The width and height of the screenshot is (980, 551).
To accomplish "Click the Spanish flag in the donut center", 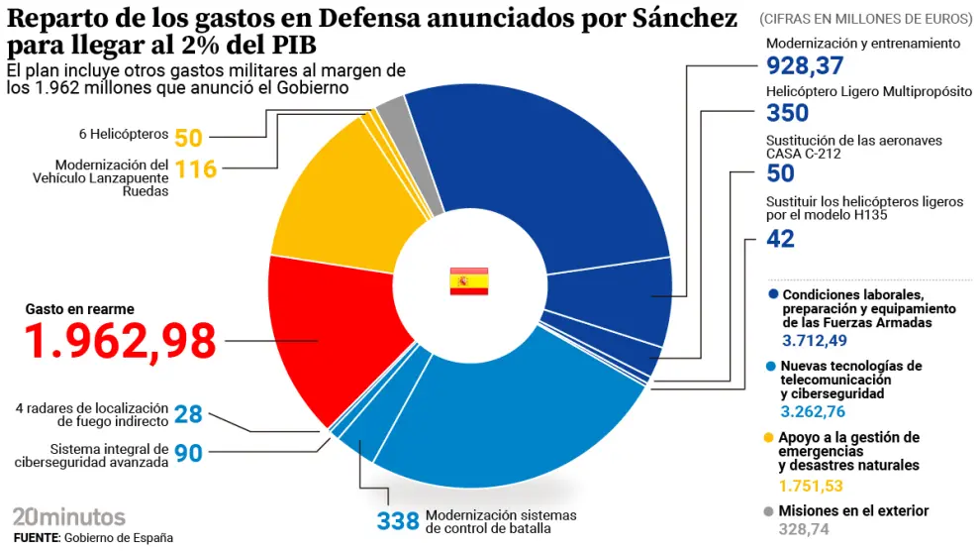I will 469,280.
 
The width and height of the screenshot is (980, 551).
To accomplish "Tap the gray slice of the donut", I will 394,118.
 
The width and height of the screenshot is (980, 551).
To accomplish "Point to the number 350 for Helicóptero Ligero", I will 788,113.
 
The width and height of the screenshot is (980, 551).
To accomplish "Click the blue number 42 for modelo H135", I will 781,238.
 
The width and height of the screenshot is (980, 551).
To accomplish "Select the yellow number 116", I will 196,168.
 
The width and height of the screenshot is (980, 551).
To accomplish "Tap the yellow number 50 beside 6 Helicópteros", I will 188,138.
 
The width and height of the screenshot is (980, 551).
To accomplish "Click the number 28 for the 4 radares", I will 188,414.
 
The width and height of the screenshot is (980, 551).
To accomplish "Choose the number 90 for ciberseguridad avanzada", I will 188,454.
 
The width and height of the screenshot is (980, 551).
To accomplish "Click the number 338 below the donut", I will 398,521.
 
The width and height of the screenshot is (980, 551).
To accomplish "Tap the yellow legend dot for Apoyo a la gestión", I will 770,438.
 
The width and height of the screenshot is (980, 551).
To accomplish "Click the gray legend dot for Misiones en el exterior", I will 770,511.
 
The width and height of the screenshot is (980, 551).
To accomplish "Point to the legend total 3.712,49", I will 815,341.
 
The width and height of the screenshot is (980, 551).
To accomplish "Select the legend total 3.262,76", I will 813,412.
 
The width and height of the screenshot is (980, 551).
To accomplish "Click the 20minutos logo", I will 69,516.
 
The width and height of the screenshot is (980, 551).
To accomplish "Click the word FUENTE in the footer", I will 36,537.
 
